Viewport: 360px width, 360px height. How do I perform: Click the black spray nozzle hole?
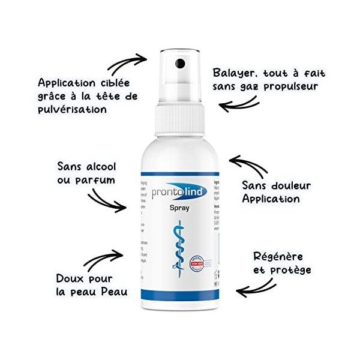click(178, 62)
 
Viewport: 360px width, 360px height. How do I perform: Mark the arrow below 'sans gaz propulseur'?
click(240, 106)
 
